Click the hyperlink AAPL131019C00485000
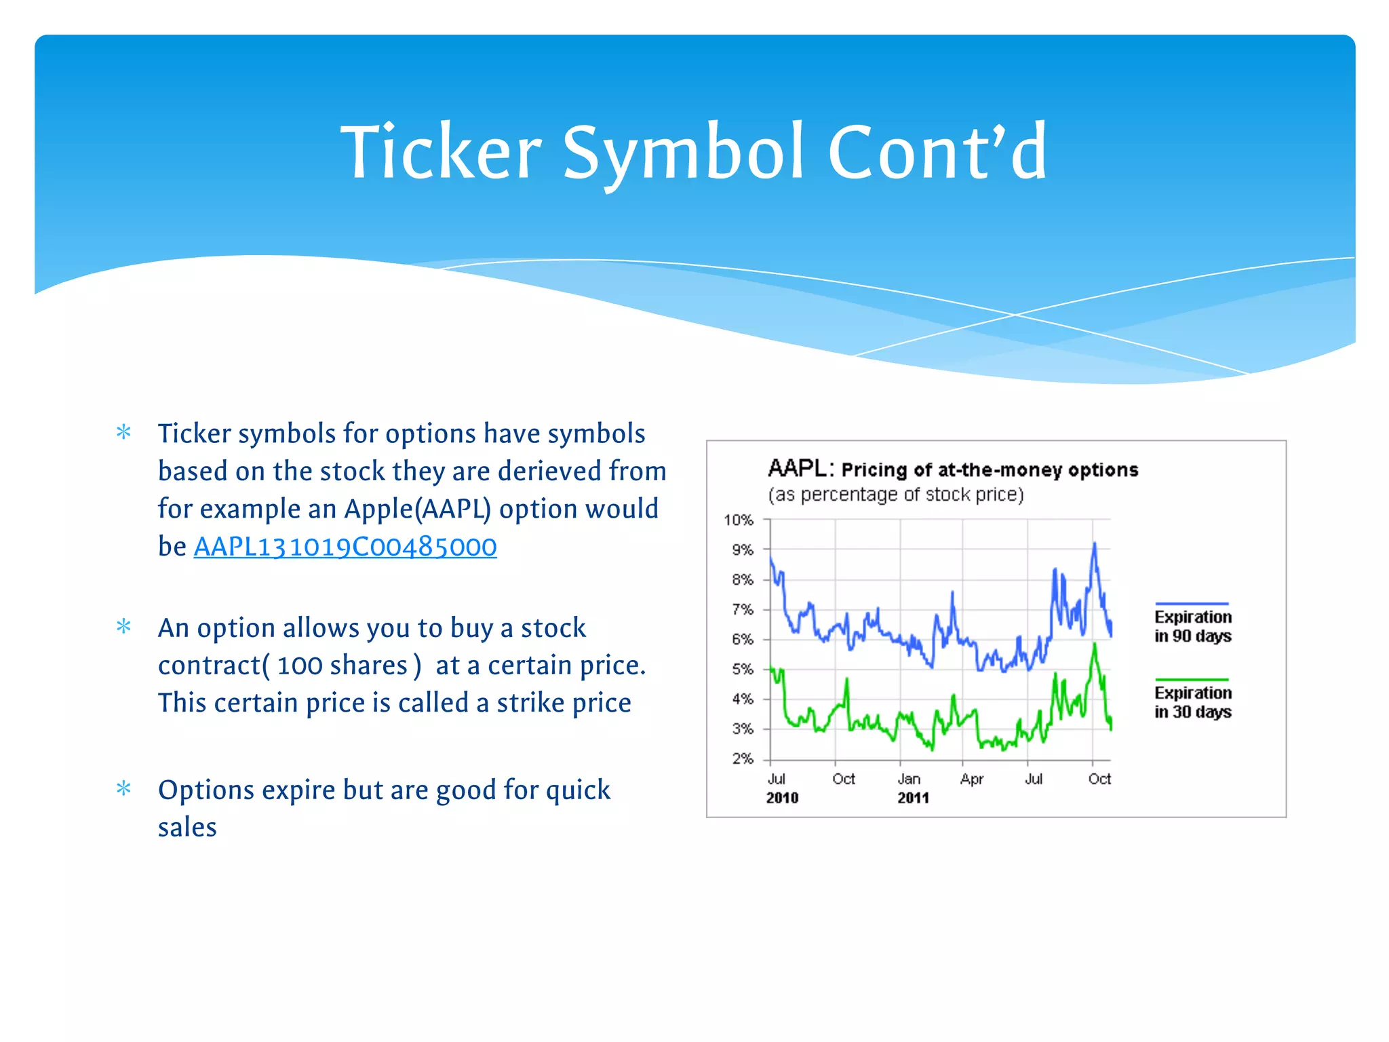[x=345, y=547]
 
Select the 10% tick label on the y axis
[x=739, y=520]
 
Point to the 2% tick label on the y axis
[x=743, y=758]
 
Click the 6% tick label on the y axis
[x=743, y=639]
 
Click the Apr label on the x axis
[x=971, y=779]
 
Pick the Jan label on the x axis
[x=909, y=779]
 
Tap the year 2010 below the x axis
[x=782, y=798]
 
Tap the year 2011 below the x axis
[x=913, y=798]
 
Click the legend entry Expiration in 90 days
[x=1192, y=625]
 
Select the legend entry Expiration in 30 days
[x=1192, y=701]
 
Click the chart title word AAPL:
[x=800, y=468]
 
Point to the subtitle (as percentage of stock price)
[x=895, y=495]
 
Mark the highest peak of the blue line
[x=1094, y=544]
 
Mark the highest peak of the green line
[x=1094, y=644]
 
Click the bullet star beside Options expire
[x=123, y=788]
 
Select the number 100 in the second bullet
[x=299, y=666]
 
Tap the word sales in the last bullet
[x=187, y=828]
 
